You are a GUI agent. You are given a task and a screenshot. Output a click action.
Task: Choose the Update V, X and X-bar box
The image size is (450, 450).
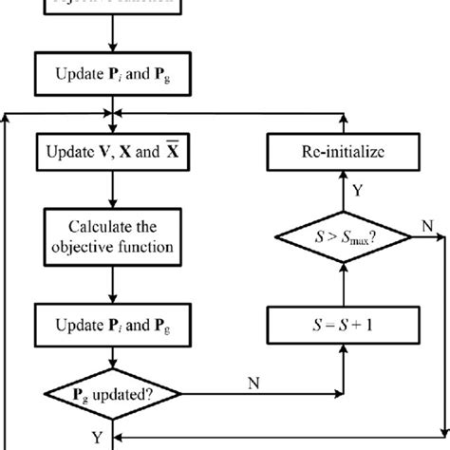113,152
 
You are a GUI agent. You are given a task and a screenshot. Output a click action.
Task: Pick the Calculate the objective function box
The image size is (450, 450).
113,237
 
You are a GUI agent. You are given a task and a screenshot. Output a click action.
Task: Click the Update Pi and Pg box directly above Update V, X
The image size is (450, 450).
113,69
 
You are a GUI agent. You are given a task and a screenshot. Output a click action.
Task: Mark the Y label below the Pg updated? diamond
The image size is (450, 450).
97,438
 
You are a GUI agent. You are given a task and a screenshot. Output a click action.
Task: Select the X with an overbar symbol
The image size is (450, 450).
173,150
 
